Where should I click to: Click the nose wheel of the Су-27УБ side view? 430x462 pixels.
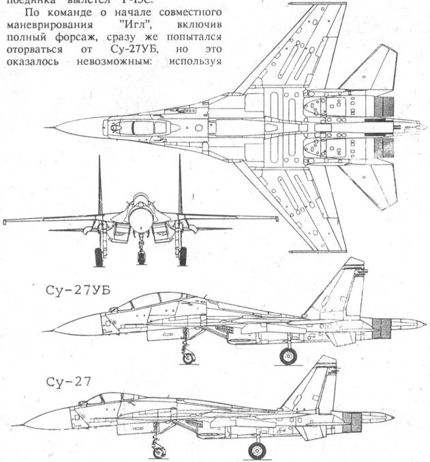click(x=188, y=357)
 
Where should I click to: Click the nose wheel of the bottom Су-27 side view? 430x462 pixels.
click(x=158, y=450)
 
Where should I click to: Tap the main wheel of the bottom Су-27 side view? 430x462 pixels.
click(x=257, y=450)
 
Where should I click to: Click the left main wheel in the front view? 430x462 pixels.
click(x=99, y=256)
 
